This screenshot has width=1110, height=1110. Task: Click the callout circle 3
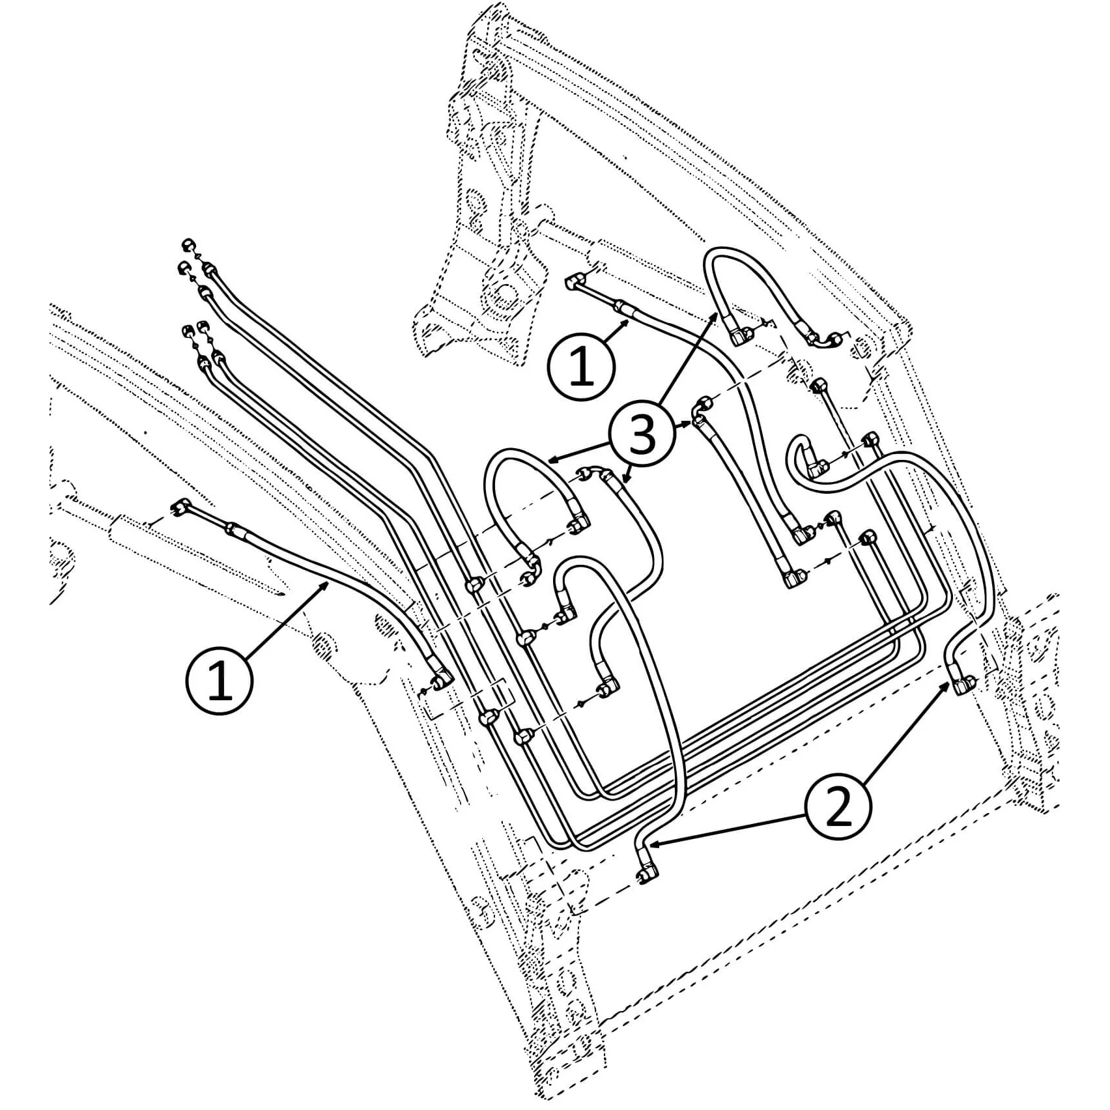coord(642,434)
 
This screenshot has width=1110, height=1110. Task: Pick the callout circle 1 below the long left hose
coord(220,680)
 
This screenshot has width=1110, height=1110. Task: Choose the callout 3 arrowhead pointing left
coord(549,460)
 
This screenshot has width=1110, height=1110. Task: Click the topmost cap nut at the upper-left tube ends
coord(187,245)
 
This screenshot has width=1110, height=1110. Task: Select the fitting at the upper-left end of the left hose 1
coord(182,505)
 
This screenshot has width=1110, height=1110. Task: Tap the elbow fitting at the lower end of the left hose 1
coord(442,679)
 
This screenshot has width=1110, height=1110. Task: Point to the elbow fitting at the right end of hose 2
coord(963,684)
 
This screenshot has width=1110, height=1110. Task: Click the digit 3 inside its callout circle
coord(642,434)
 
